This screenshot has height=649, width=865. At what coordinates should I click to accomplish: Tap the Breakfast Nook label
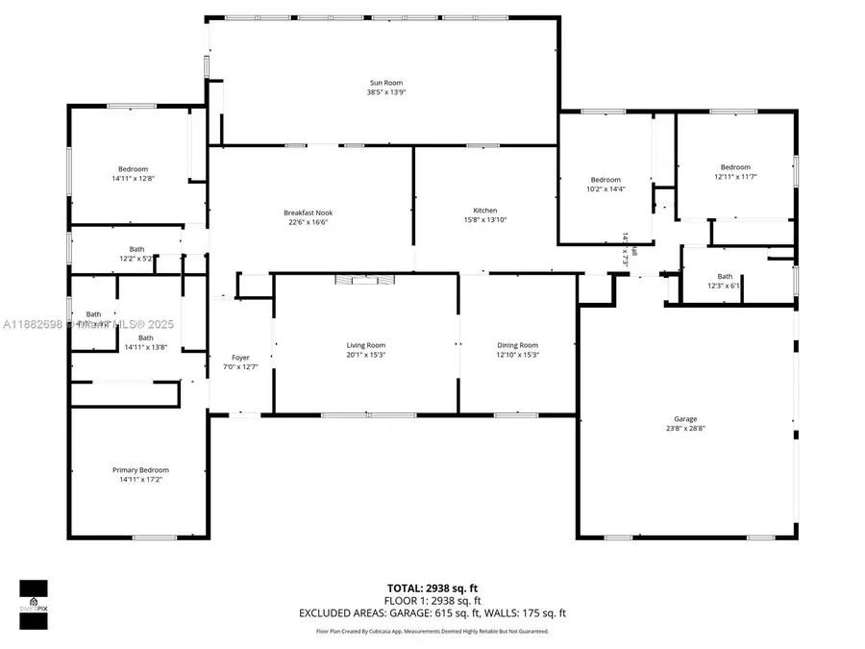tap(308, 212)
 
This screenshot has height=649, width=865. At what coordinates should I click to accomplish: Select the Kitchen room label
tap(484, 211)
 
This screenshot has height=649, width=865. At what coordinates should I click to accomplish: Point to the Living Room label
tap(365, 345)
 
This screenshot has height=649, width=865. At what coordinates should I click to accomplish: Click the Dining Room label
tap(517, 345)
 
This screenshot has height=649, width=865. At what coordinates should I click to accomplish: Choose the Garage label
tap(685, 419)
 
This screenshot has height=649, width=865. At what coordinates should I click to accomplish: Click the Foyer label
tap(240, 358)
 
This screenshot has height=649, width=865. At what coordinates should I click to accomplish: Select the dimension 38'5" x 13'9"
tap(384, 92)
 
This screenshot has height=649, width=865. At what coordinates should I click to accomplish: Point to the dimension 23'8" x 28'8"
tap(685, 428)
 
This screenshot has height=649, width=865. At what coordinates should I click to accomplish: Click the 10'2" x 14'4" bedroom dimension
tap(605, 188)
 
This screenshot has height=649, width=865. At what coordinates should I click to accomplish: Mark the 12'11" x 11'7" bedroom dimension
tap(735, 176)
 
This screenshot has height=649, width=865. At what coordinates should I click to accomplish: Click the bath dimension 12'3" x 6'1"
tap(724, 286)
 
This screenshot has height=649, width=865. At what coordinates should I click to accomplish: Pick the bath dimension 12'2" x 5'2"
tap(137, 259)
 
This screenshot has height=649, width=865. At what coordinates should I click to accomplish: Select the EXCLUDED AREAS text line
tap(432, 612)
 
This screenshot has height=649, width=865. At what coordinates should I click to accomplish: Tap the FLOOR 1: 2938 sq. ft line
tap(432, 600)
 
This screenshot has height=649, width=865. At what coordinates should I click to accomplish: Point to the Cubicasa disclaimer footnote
tap(432, 632)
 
